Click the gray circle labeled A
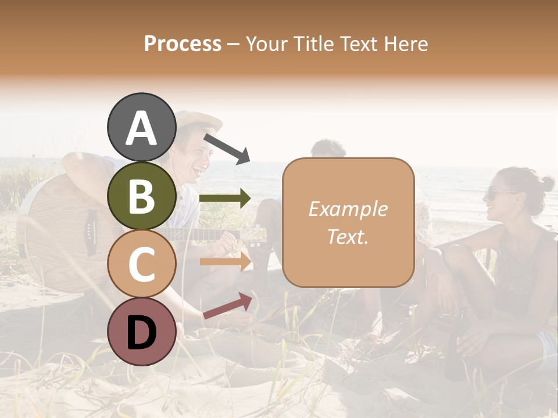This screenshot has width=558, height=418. tap(141, 127)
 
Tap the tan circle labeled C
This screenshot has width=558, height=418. tap(141, 264)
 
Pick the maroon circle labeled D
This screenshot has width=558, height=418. tap(141, 331)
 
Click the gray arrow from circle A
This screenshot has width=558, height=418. tap(227, 149)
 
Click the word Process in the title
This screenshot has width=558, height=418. tap(183, 44)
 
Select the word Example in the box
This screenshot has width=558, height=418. tap(348, 209)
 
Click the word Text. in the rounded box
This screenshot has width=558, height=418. tap(348, 236)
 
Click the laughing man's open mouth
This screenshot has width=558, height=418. tap(199, 170)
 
